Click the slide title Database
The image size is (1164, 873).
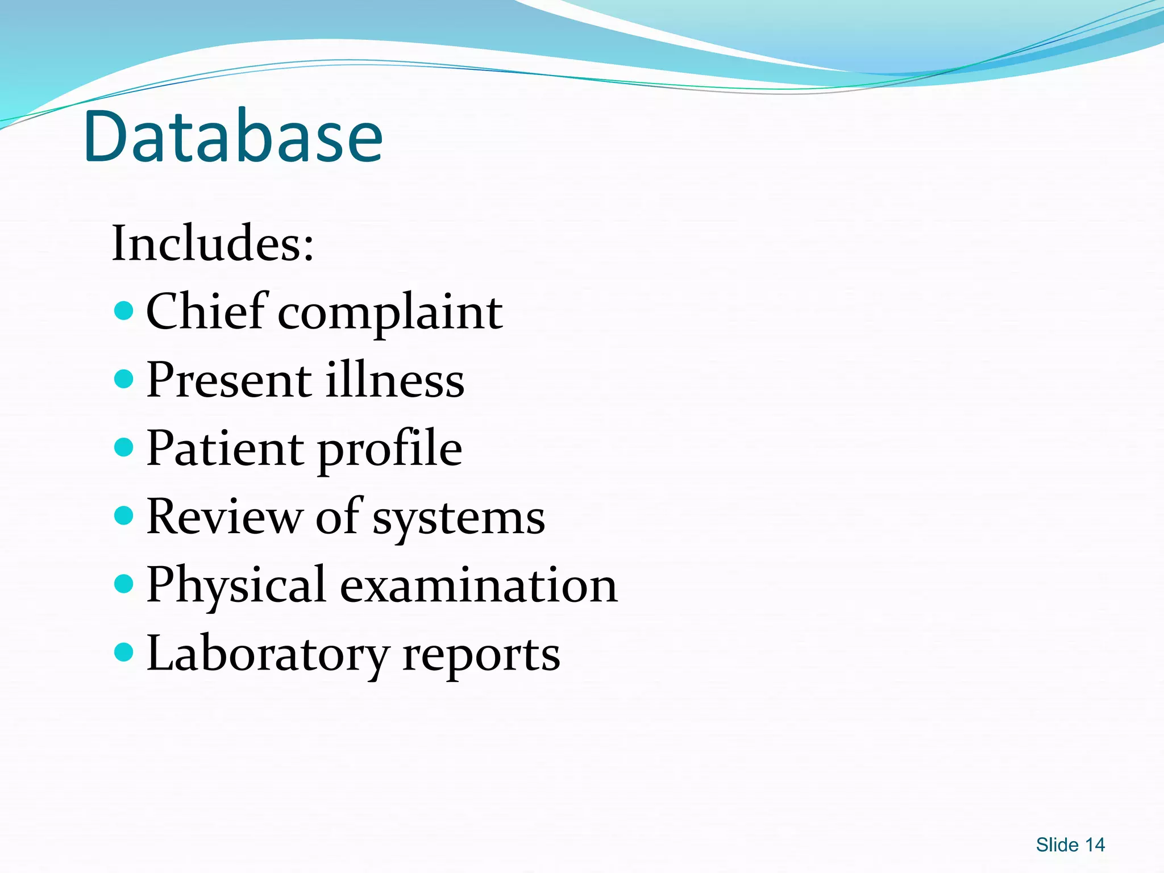[x=233, y=136]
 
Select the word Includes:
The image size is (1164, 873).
[x=213, y=243]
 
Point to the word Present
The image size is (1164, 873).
[x=229, y=380]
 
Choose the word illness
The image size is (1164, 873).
[x=395, y=380]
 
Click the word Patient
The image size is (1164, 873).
[x=224, y=448]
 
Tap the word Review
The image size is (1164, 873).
[x=224, y=517]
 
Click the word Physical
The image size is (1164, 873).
[x=236, y=585]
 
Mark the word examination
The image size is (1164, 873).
[x=479, y=585]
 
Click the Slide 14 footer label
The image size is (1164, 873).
[x=1070, y=845]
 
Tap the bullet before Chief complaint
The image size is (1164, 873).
[x=123, y=311]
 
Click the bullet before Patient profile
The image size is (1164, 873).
[x=123, y=447]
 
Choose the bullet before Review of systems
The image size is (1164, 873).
[x=123, y=516]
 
